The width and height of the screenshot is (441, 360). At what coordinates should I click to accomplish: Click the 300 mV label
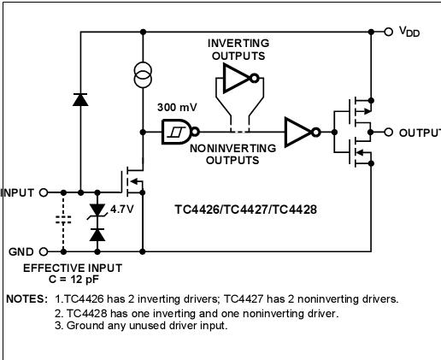pyautogui.click(x=175, y=109)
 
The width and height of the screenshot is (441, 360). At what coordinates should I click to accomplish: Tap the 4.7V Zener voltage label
pyautogui.click(x=122, y=208)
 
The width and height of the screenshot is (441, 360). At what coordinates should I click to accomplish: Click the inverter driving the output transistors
pyautogui.click(x=301, y=133)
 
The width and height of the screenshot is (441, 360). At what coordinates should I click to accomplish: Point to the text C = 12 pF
pyautogui.click(x=72, y=280)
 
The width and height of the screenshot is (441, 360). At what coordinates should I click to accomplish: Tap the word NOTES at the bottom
pyautogui.click(x=26, y=299)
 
